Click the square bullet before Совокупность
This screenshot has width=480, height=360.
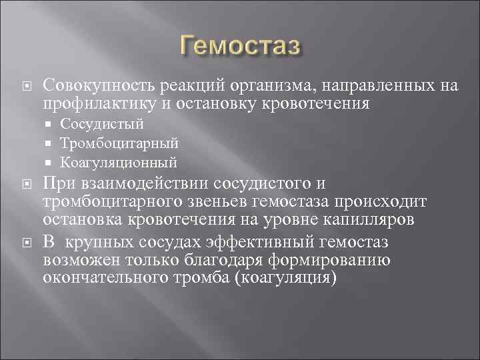coord(27,86)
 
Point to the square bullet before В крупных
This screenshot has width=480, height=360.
coord(27,242)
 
